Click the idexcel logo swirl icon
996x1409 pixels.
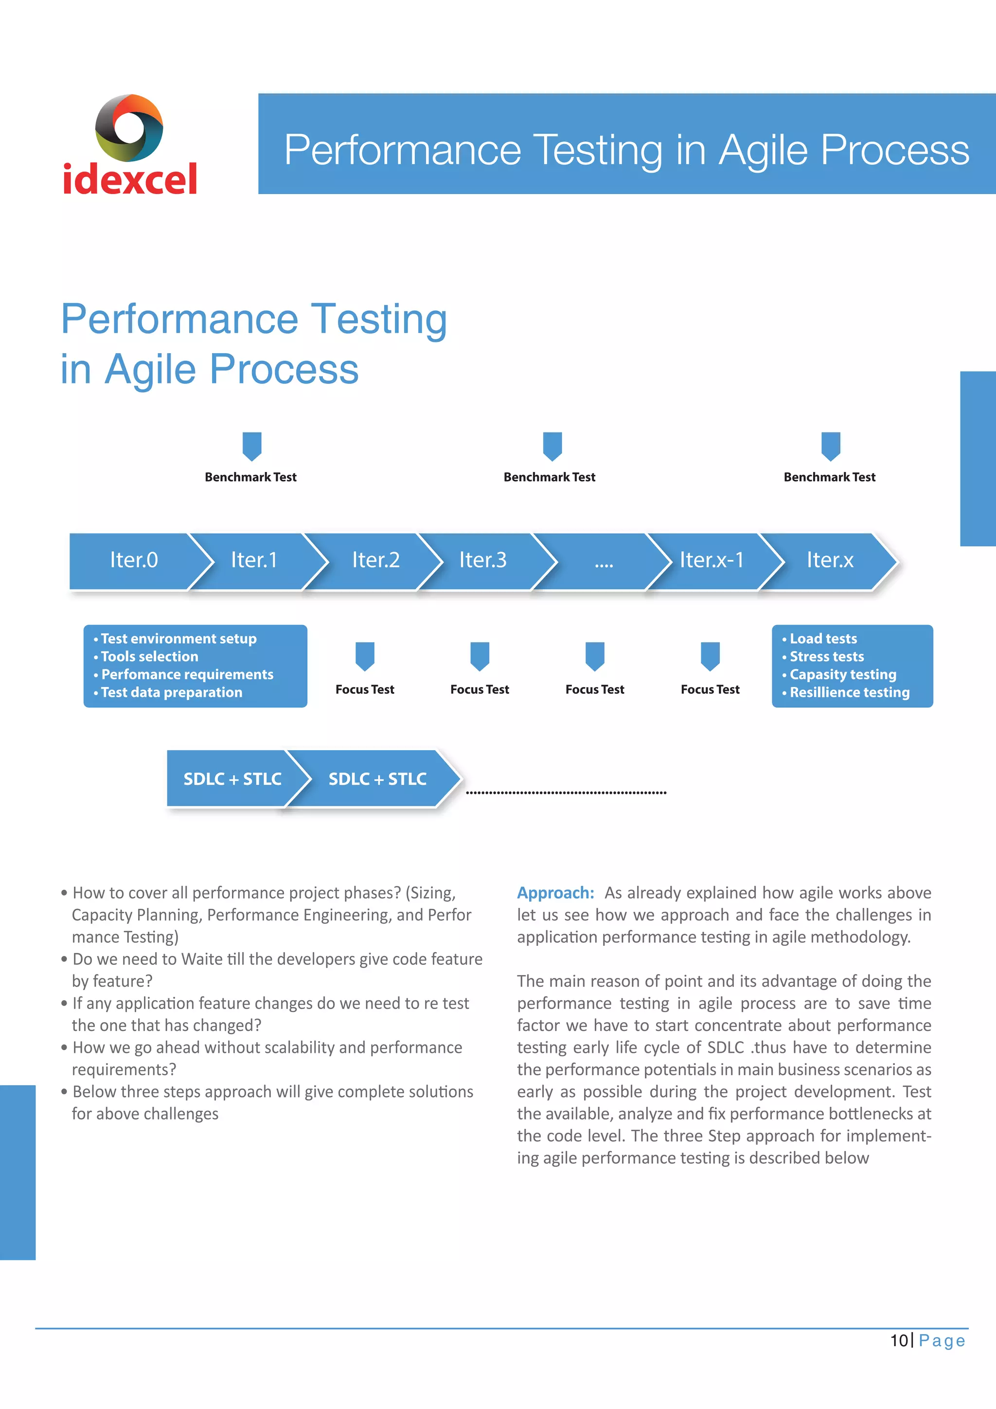(129, 127)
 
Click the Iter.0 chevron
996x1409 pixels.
(134, 560)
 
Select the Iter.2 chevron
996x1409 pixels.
(375, 560)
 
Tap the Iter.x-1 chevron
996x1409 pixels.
(711, 560)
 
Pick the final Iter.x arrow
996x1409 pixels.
(830, 560)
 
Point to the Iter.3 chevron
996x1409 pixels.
(483, 560)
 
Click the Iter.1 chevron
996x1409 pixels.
(254, 560)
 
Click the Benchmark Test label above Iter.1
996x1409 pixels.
(250, 477)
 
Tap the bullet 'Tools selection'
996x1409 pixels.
(150, 657)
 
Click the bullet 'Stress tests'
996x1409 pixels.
(827, 657)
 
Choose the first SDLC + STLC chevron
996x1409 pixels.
(232, 779)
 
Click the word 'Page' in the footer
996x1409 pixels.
(942, 1341)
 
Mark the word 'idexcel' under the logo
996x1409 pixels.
(130, 179)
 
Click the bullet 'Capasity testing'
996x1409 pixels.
(843, 674)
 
